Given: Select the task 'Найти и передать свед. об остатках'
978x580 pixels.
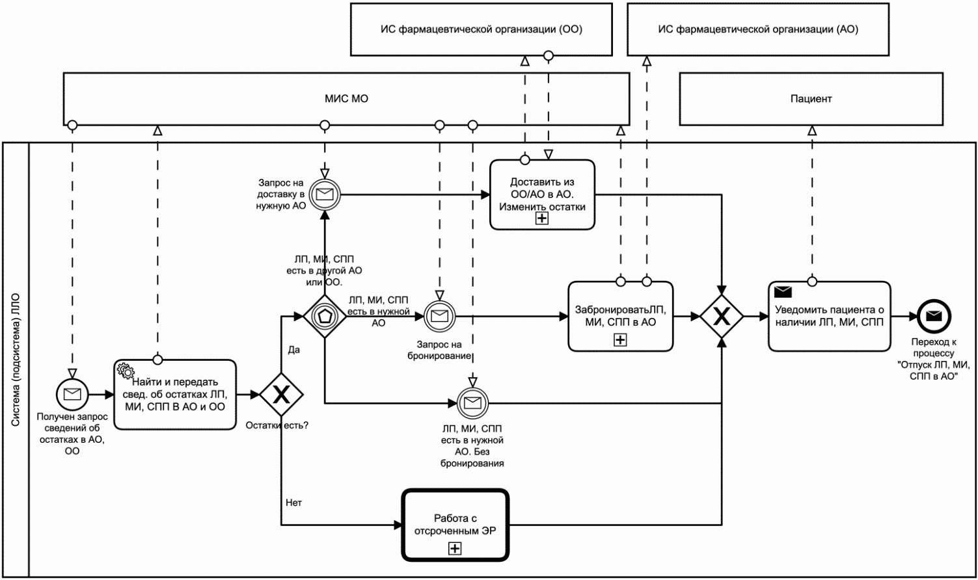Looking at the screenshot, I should click(x=176, y=394).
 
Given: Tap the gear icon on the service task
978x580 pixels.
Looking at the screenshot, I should click(x=124, y=370).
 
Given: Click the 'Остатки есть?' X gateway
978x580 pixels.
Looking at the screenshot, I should click(x=281, y=394).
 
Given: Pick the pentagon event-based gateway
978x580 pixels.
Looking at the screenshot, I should click(x=325, y=317).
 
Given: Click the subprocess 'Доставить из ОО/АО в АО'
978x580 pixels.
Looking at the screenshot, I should click(x=542, y=194).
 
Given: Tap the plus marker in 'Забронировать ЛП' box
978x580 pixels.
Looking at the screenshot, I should click(x=620, y=339).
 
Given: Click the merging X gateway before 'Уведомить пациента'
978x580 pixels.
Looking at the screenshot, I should click(x=722, y=317).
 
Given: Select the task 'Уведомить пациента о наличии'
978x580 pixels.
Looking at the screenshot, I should click(x=829, y=317).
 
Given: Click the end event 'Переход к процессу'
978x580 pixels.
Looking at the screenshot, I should click(x=933, y=317).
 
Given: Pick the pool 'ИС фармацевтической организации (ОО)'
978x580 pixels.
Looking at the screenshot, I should click(x=482, y=29).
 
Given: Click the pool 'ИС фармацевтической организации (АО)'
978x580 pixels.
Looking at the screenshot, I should click(x=758, y=29).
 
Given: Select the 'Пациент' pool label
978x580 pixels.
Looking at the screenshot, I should click(x=811, y=99).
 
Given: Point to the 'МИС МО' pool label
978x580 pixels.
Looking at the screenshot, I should click(x=347, y=99).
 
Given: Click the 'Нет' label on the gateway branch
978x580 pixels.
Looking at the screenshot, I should click(x=293, y=503).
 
